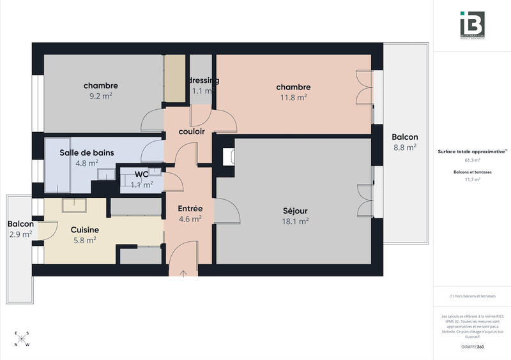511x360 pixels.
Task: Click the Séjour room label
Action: tap(295, 211)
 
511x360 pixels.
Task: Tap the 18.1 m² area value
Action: tap(295, 221)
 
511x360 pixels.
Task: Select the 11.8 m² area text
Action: tap(293, 98)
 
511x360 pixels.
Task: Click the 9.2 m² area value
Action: tap(100, 96)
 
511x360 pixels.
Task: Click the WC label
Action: tap(141, 174)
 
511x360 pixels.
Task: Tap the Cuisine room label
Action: tap(84, 230)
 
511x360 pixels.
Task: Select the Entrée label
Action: tap(190, 208)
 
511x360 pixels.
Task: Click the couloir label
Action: tap(192, 131)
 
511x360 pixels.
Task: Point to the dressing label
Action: tap(204, 80)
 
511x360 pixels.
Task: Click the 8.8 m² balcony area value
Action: tap(404, 147)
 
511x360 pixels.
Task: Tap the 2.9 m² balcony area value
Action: tap(20, 234)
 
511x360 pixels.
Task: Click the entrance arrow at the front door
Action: tap(184, 273)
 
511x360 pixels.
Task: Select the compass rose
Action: tap(22, 338)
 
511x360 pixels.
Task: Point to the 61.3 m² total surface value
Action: tap(472, 160)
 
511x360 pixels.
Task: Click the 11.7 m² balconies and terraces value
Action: tap(472, 180)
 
